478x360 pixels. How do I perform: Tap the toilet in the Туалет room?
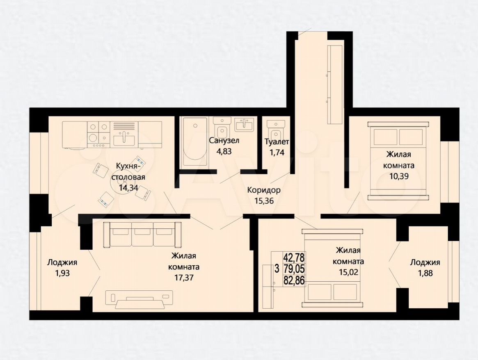coord(276,130)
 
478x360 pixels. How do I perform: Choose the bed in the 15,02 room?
coord(333,268)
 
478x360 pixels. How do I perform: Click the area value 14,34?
coord(128,188)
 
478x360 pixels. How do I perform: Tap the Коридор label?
coord(264,190)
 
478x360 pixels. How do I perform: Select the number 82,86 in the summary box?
coord(294,280)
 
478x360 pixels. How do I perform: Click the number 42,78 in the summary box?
coord(294,257)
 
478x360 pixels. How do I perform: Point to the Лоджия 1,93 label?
coord(62,268)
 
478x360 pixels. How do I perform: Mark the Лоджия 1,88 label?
coord(425,268)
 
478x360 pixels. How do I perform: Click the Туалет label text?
coord(277,142)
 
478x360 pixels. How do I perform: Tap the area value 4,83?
coord(224,151)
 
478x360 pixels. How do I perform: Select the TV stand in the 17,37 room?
coord(140,298)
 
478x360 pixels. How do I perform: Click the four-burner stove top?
coord(98,132)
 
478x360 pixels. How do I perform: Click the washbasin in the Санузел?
coord(244,125)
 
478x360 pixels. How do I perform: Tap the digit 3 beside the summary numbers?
coord(277,269)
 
